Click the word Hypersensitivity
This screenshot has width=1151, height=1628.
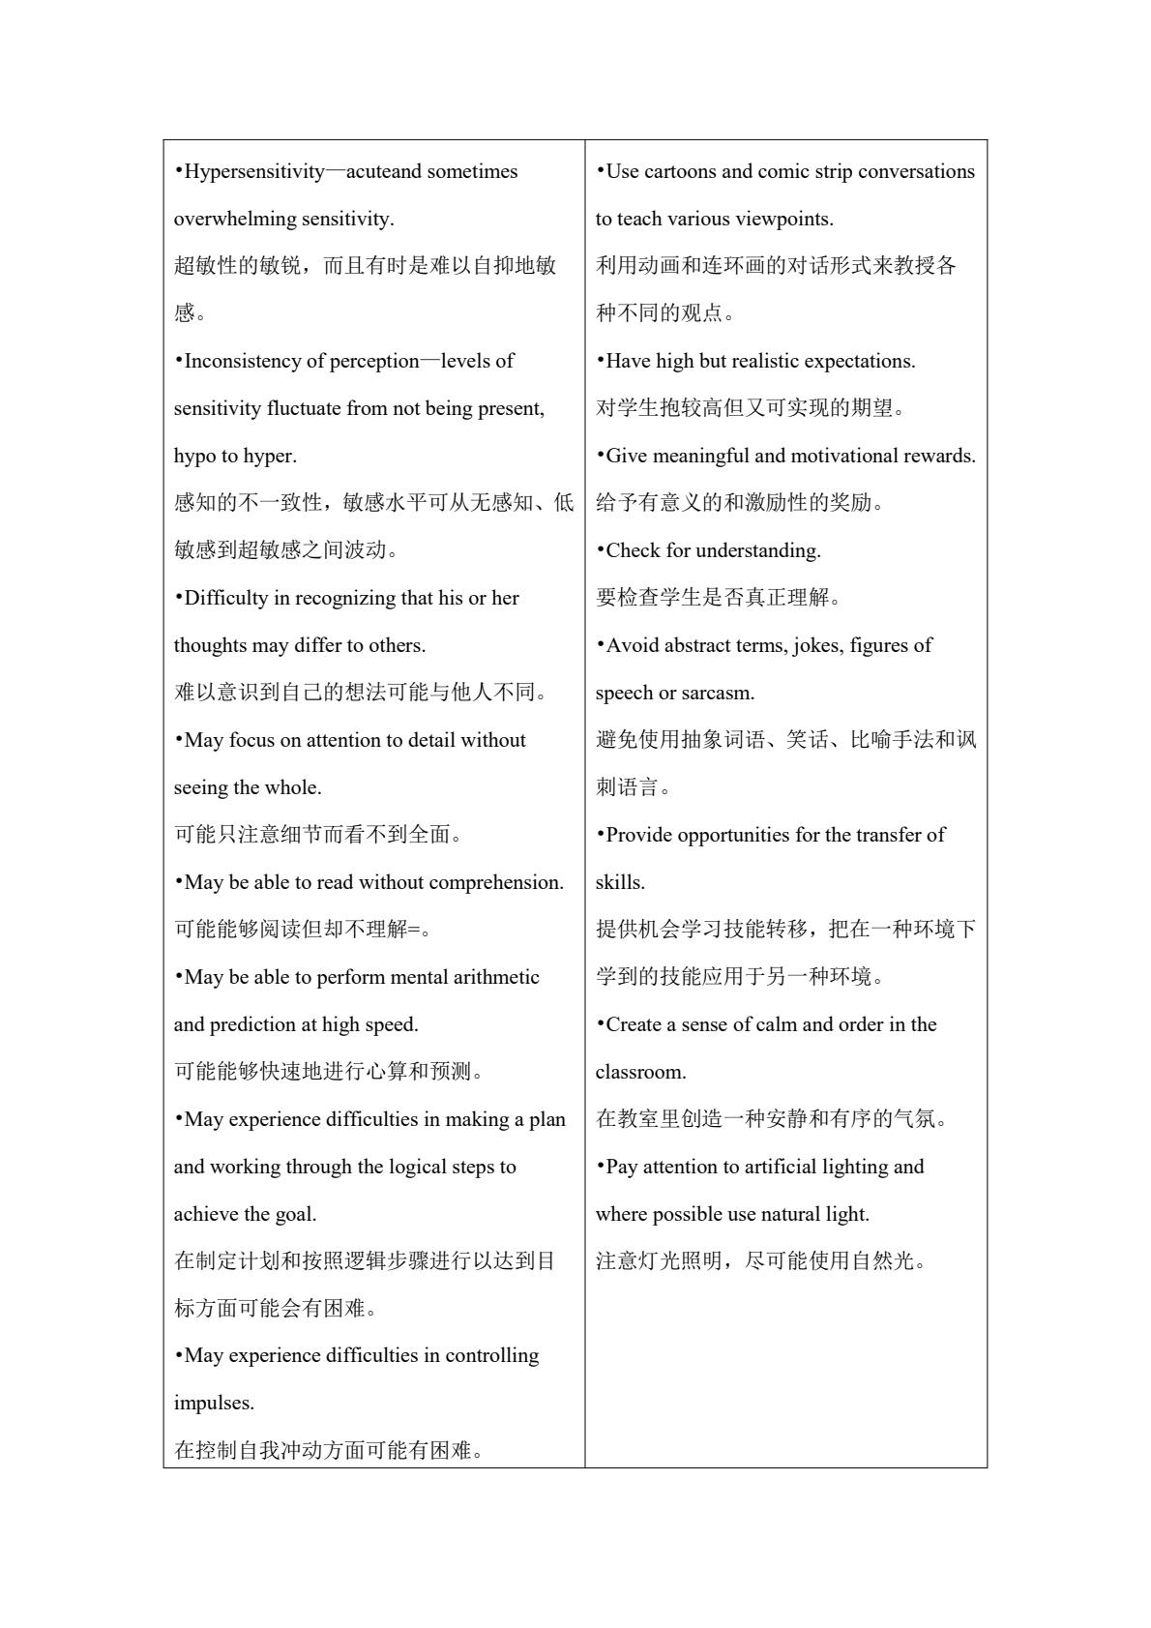tap(254, 172)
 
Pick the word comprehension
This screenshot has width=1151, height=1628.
tap(495, 883)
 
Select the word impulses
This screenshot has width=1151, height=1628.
tap(214, 1404)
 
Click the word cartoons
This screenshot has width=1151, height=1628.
tap(680, 172)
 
